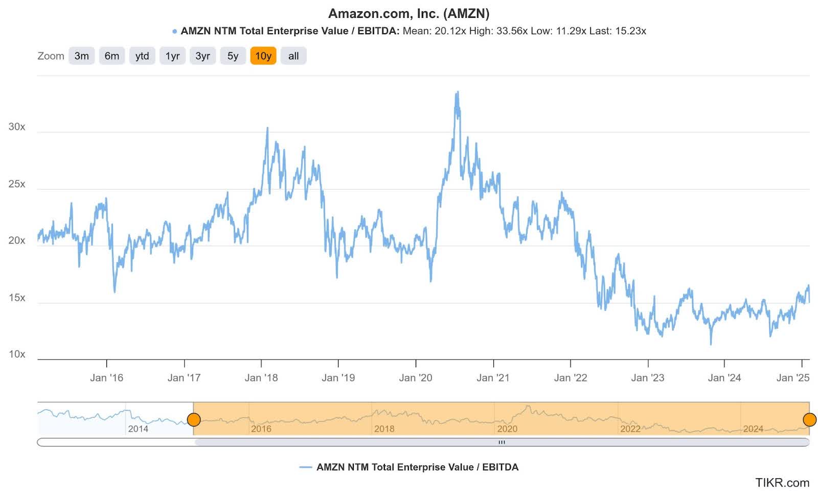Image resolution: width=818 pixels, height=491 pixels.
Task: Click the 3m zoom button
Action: coord(81,56)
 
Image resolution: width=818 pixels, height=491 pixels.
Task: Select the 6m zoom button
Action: coord(111,56)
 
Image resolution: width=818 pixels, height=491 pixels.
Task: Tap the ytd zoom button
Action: coord(142,56)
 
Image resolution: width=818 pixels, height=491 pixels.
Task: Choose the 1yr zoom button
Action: coord(172,56)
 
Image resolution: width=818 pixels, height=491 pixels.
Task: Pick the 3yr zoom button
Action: coord(202,56)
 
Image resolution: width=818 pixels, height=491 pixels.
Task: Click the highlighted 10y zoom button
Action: coord(263,56)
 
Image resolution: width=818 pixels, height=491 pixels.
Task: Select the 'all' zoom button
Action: coord(293,56)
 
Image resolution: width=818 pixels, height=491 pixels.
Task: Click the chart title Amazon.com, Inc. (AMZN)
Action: coord(408,13)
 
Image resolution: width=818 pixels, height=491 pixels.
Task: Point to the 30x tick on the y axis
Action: coord(17,127)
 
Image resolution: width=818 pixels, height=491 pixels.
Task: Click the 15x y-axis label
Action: coord(17,298)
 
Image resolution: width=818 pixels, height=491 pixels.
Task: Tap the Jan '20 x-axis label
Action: coord(415,378)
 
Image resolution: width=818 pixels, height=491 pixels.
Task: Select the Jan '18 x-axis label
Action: coord(261,378)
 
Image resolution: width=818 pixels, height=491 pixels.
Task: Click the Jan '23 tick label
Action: coord(647,378)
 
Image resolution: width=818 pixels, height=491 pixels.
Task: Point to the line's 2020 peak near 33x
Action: coord(457,93)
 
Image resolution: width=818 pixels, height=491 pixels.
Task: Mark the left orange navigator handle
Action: coord(194,420)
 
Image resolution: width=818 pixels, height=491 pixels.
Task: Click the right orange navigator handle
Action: coord(809,420)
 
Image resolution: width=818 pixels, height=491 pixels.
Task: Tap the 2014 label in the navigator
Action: coord(138,429)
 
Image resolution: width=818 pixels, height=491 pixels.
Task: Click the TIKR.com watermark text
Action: coord(782,482)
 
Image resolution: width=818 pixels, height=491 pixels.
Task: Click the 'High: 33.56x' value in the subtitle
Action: coord(498,31)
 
